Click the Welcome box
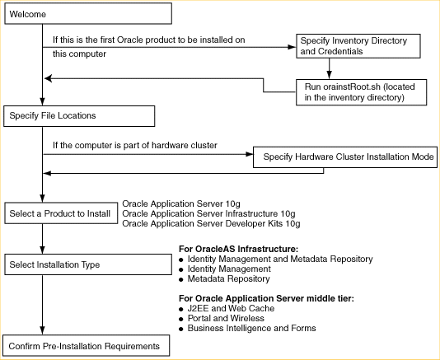(x=87, y=13)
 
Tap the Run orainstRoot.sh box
(x=362, y=91)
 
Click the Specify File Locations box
(x=79, y=115)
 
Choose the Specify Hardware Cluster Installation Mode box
(x=344, y=157)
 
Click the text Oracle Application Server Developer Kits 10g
(x=210, y=223)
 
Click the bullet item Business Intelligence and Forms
(x=250, y=328)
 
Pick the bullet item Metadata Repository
(x=228, y=278)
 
